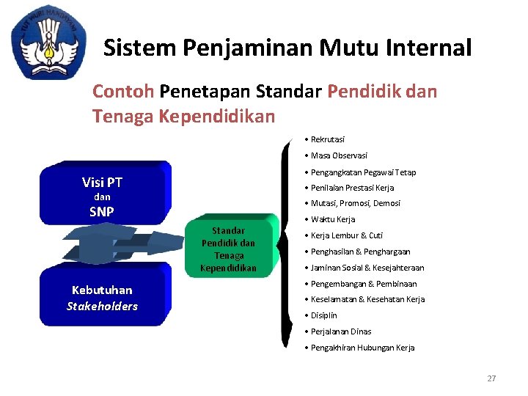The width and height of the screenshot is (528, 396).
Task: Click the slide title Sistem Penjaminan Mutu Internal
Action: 287,48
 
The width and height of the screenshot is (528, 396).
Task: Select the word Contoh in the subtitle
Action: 122,92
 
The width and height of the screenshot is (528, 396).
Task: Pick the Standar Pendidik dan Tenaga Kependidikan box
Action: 229,249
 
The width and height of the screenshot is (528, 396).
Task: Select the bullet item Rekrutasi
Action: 327,139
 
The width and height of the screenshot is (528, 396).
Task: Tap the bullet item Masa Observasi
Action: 339,155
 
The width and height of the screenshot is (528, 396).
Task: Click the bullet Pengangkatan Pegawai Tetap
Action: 363,172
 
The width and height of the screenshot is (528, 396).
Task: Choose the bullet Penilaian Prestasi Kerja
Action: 352,188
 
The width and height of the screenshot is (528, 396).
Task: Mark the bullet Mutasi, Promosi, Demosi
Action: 355,203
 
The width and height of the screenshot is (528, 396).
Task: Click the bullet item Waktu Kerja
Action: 332,219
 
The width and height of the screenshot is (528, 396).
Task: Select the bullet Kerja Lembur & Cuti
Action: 346,235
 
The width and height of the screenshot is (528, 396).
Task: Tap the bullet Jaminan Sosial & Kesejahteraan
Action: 367,268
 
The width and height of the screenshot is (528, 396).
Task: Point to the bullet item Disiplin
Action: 323,315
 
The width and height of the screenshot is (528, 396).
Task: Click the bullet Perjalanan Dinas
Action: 340,331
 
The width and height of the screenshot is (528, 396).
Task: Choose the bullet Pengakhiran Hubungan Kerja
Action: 362,348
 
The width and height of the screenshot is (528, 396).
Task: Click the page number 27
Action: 491,378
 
